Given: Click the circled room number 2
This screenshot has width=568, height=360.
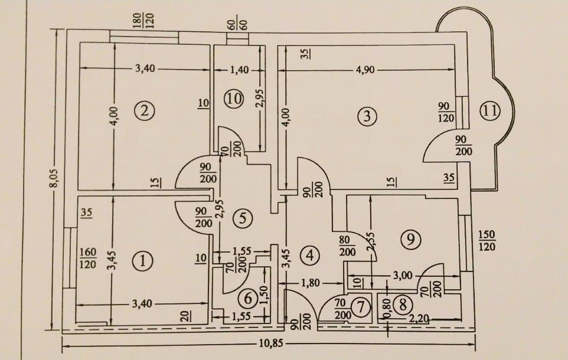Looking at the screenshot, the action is pos(144,110).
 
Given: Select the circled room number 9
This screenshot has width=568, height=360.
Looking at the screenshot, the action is pos(411,239).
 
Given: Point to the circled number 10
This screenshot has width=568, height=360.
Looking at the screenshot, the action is pos(234,99).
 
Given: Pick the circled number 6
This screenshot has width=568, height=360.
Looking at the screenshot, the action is pos(248,299).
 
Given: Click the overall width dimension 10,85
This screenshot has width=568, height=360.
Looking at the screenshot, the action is pos(271,343).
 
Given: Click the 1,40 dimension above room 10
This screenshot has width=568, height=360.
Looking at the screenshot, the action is pos(240,69).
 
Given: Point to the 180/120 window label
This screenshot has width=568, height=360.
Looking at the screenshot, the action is pos(144,21).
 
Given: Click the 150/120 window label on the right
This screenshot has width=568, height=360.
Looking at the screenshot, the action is pos(487,240).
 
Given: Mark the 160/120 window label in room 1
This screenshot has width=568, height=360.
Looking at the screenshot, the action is pos(87,258).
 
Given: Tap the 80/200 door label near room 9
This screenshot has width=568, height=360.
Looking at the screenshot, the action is pos(347,246).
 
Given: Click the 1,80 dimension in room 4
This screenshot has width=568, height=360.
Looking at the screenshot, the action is pos(311,282).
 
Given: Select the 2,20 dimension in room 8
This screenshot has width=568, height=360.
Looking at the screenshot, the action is pos(419,319).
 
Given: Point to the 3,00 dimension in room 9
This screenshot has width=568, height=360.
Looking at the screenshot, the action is pos(403,276).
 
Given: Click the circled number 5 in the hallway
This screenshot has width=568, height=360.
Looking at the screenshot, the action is pos(243,218).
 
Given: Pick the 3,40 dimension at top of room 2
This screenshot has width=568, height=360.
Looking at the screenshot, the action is pos(145,68).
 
